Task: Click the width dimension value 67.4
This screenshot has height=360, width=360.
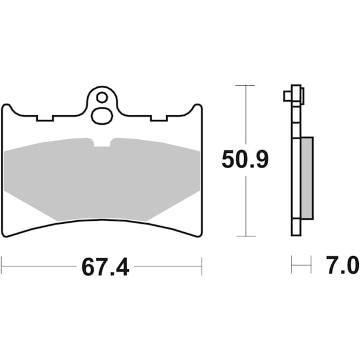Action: click(105, 266)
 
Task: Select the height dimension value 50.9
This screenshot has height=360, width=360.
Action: click(245, 160)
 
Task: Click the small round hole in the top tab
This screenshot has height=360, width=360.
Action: click(102, 97)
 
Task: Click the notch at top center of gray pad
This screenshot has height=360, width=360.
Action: click(102, 143)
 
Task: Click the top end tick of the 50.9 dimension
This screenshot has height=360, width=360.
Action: click(245, 86)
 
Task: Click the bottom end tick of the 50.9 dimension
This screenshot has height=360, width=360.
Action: click(245, 236)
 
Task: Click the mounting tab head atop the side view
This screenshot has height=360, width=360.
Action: click(294, 94)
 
